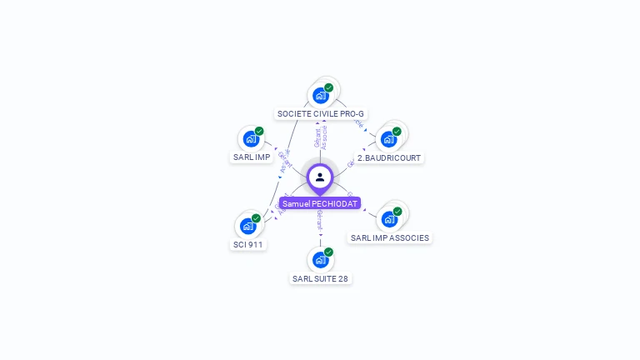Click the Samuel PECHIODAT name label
coord(320,203)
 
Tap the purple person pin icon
coord(320,177)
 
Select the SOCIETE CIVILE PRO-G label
coord(321,113)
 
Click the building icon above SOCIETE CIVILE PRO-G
coord(321,95)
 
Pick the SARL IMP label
coord(251,157)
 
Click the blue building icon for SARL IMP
coord(251,139)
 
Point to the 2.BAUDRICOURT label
coord(389,157)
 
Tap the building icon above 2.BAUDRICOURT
coord(388,139)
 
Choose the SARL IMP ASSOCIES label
coord(390,237)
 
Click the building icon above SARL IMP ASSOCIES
coord(389,219)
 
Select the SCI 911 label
coord(247,244)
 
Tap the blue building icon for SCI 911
coord(247,226)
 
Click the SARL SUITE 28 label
coord(320,278)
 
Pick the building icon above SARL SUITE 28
coord(320,260)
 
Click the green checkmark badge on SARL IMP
coord(259,131)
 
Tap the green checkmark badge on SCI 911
coord(256,218)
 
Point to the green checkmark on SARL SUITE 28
coord(328,252)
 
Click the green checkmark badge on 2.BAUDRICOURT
coord(397,131)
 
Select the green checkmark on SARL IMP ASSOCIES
coord(397,212)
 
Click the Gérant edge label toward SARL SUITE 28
coord(320,220)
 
